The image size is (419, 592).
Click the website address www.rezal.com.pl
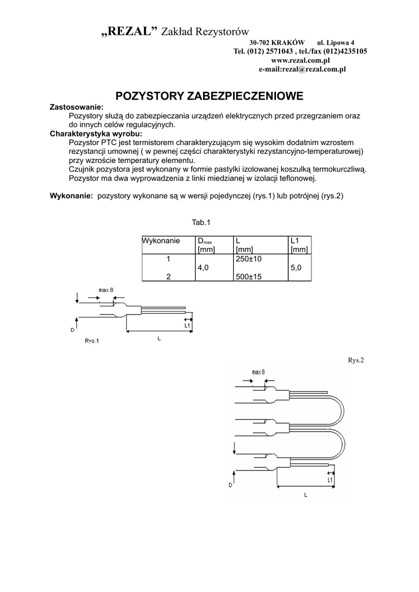300,60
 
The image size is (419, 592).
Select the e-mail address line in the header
302,69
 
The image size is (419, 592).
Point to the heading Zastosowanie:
77,108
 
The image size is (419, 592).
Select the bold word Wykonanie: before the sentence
72,196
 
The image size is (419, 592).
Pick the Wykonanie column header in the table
161,240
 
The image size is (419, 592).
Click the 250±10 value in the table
248,259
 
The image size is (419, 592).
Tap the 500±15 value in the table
248,277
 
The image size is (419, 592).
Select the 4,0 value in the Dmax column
203,268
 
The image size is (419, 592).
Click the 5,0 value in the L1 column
296,268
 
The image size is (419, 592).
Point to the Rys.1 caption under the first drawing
92,341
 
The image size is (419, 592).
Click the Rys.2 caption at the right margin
355,360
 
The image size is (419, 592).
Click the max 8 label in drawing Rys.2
259,372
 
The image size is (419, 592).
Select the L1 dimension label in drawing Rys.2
330,480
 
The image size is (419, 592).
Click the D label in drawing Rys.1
72,330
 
